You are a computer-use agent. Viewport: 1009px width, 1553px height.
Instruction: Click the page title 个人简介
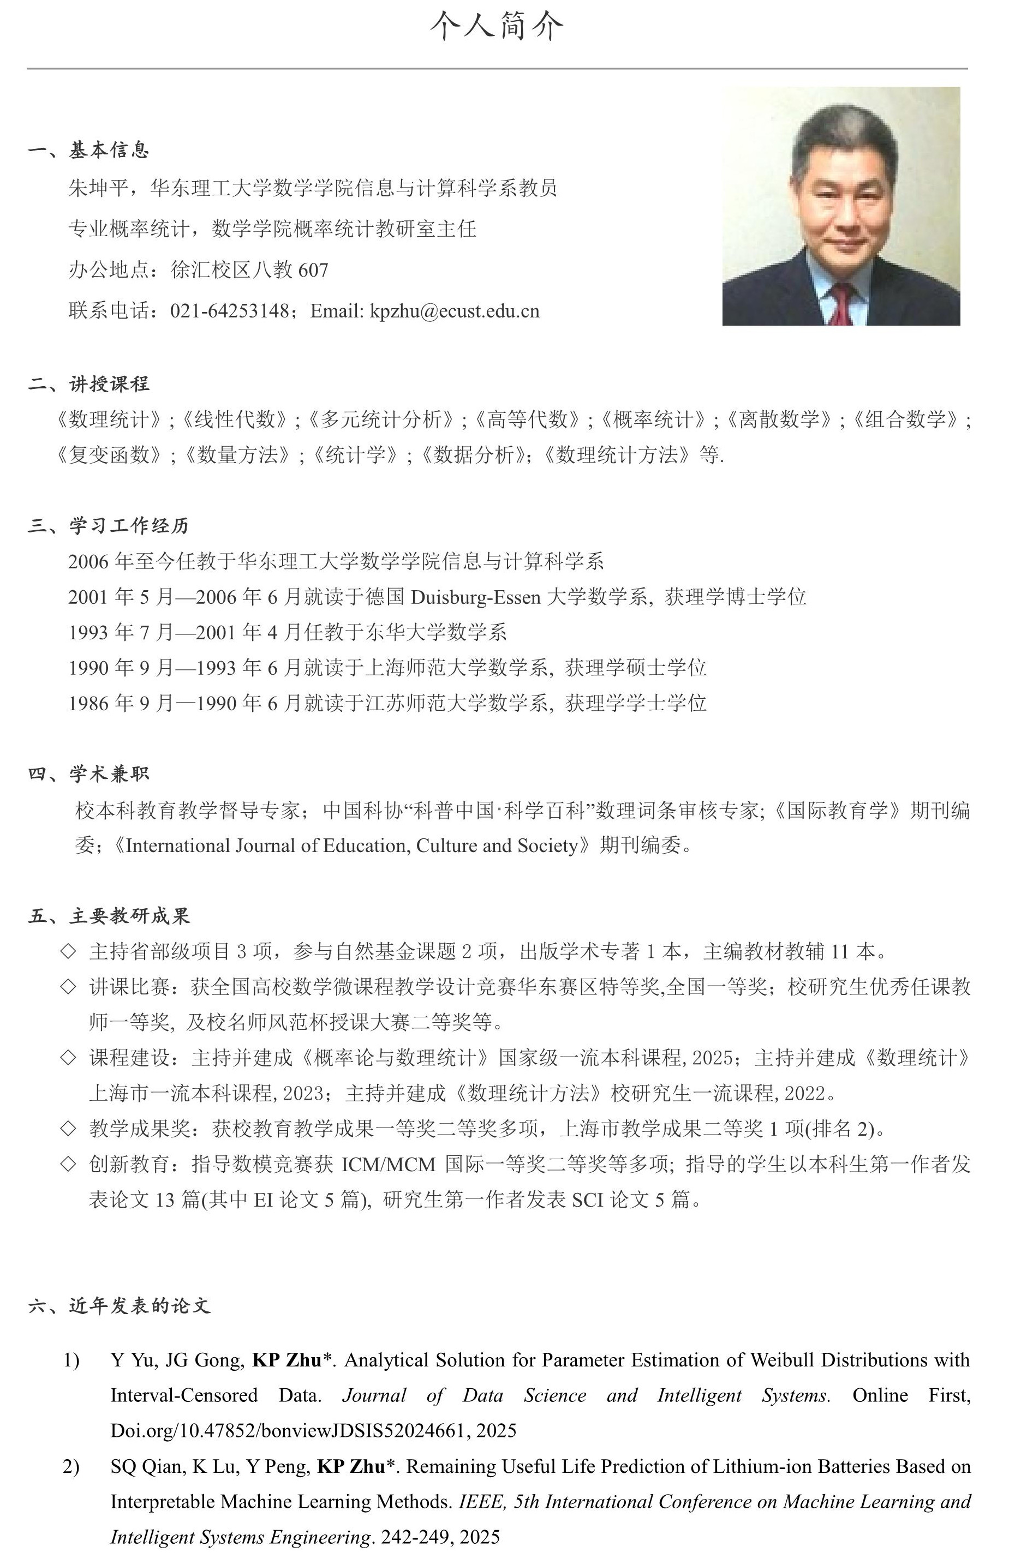(496, 26)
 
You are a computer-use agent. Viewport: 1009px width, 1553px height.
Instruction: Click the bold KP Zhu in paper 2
(351, 1467)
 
